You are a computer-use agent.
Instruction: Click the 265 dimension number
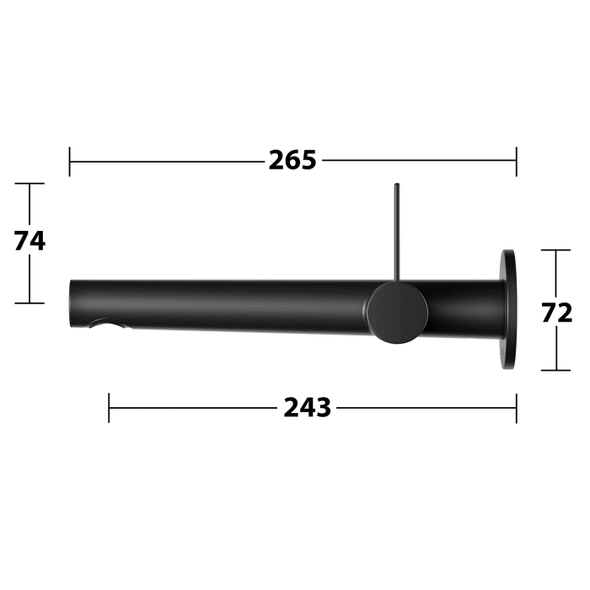(292, 159)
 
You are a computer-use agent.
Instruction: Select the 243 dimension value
(307, 408)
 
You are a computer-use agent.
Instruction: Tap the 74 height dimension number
(29, 241)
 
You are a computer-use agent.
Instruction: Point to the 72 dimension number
(557, 313)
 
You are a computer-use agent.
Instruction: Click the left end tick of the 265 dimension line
(70, 160)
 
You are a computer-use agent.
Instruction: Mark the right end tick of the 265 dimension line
(516, 160)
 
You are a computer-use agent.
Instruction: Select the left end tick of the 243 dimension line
(110, 408)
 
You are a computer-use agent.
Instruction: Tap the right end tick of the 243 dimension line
(516, 408)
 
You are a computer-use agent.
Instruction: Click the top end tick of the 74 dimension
(30, 184)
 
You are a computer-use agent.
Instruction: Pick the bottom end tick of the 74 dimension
(30, 303)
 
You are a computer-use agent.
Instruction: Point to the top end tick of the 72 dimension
(557, 250)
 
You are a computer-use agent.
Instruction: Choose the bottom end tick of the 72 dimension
(557, 370)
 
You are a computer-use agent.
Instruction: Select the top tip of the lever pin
(394, 185)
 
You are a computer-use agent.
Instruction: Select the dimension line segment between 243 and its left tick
(194, 408)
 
